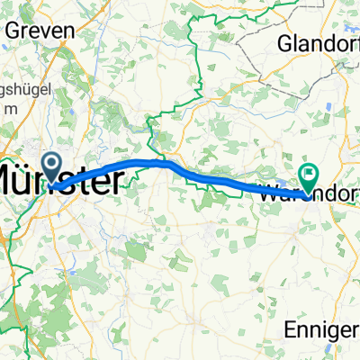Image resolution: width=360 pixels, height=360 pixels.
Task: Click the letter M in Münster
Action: point(9,182)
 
